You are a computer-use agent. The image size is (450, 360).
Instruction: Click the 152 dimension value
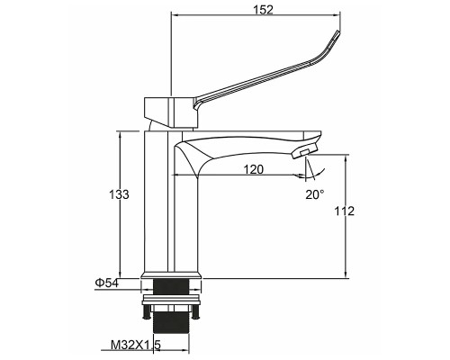[x=263, y=10]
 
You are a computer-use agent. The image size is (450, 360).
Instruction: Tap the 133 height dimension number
[x=119, y=194]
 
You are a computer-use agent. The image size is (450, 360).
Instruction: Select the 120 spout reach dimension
[x=253, y=170]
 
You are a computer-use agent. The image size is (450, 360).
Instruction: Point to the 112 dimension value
[x=345, y=211]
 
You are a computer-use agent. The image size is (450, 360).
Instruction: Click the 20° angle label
[x=315, y=194]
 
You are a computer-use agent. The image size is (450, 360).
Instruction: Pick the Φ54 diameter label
[x=106, y=283]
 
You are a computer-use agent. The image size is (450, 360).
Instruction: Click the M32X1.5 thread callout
[x=136, y=345]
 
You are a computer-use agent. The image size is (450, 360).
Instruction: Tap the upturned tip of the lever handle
[x=338, y=33]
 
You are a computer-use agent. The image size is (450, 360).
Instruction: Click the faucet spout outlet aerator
[x=304, y=150]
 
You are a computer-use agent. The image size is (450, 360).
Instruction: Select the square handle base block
[x=171, y=112]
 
